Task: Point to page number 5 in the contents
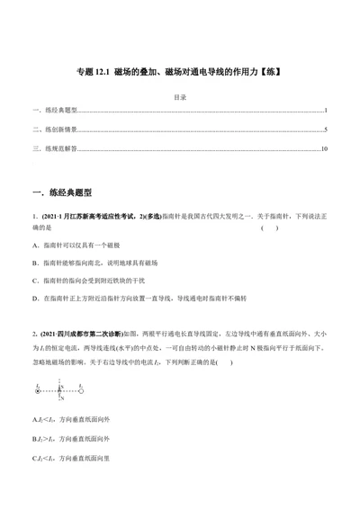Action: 326,129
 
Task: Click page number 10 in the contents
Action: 324,148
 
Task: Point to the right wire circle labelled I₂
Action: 81,390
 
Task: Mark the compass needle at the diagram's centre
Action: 59,390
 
